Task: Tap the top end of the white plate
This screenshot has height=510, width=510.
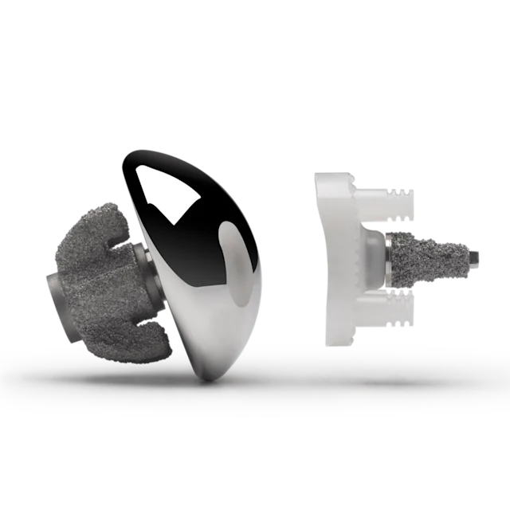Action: (x=323, y=177)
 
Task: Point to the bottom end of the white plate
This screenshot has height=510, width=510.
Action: (x=335, y=343)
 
